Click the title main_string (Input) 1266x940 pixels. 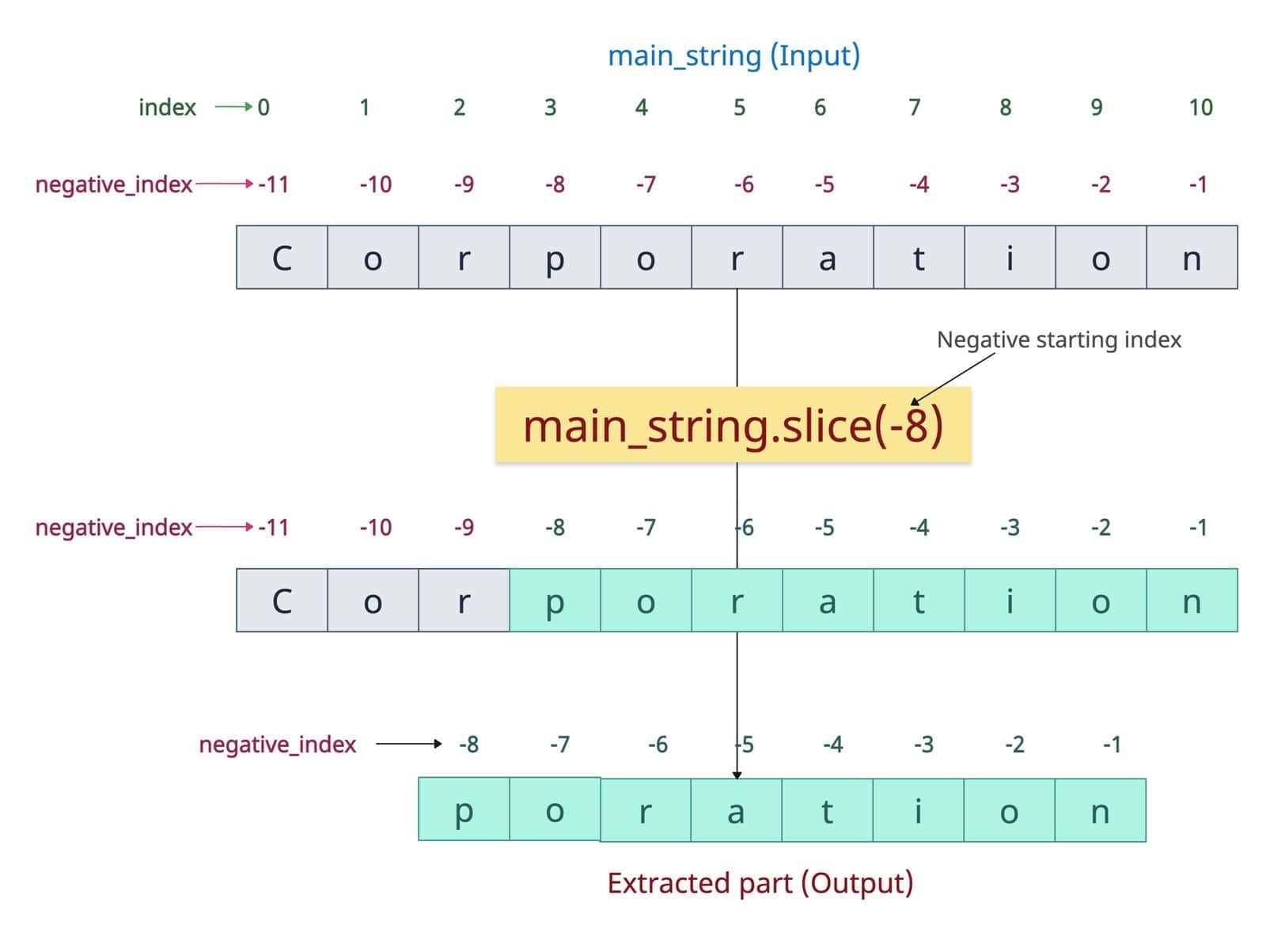click(733, 56)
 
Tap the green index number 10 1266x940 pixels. click(1200, 108)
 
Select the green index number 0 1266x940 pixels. click(263, 108)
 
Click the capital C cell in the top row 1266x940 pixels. click(282, 257)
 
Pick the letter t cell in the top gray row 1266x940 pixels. click(919, 257)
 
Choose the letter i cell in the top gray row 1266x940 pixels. click(1010, 257)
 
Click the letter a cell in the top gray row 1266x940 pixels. click(828, 257)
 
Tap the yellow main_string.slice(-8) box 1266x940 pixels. click(733, 424)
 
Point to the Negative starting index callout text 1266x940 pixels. click(1059, 339)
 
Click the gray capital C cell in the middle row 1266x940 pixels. click(282, 600)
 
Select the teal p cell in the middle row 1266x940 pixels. click(555, 600)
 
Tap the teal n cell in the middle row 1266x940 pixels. click(1192, 600)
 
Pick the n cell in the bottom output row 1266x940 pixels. click(1100, 810)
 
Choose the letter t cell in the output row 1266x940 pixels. click(827, 810)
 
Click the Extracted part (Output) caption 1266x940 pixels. click(760, 883)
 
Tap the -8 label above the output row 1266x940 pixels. click(468, 745)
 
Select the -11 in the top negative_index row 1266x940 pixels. click(274, 184)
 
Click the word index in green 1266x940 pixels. click(167, 108)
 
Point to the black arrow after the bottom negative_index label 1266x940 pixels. click(409, 744)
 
